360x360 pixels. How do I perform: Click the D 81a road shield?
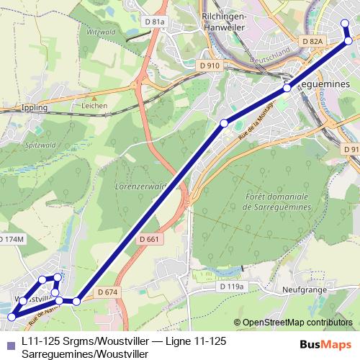coord(155,22)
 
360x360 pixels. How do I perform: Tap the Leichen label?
coord(94,106)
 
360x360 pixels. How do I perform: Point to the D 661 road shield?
coord(149,239)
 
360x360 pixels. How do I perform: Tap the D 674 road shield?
coord(106,292)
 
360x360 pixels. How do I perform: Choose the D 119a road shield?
coord(231,287)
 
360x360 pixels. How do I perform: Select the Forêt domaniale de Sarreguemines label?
coord(276,201)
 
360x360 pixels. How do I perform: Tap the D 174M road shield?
coord(12,238)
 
